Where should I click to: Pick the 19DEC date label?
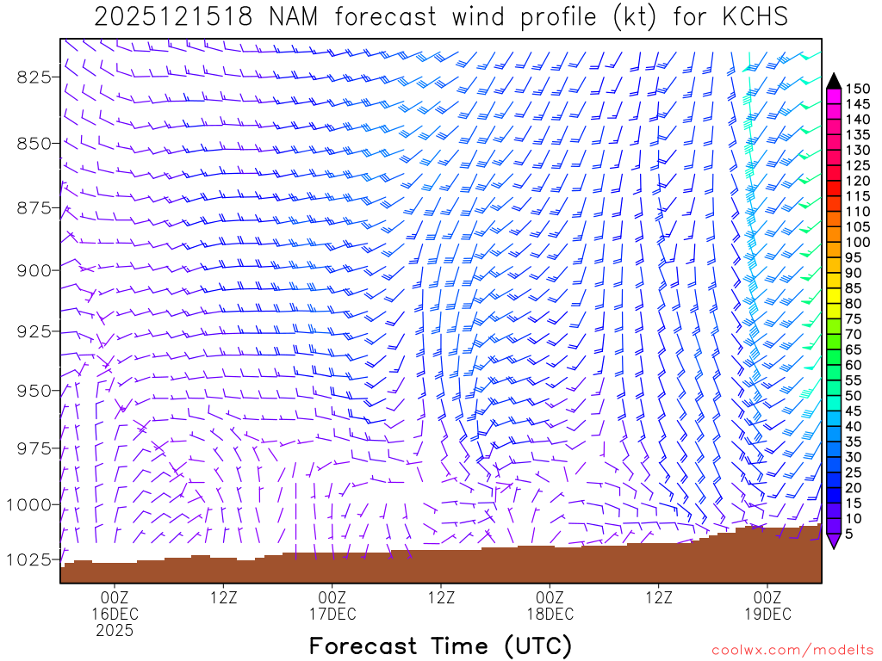(x=767, y=614)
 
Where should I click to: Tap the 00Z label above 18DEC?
(x=550, y=596)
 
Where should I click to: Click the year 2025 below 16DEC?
(x=115, y=631)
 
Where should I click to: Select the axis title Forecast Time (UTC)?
(x=440, y=646)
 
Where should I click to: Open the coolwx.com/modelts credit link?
(x=792, y=649)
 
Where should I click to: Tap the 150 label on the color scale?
(x=859, y=88)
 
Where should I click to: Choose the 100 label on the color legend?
(x=859, y=242)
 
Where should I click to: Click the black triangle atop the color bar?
(x=834, y=81)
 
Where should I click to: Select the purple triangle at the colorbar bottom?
(x=834, y=541)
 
